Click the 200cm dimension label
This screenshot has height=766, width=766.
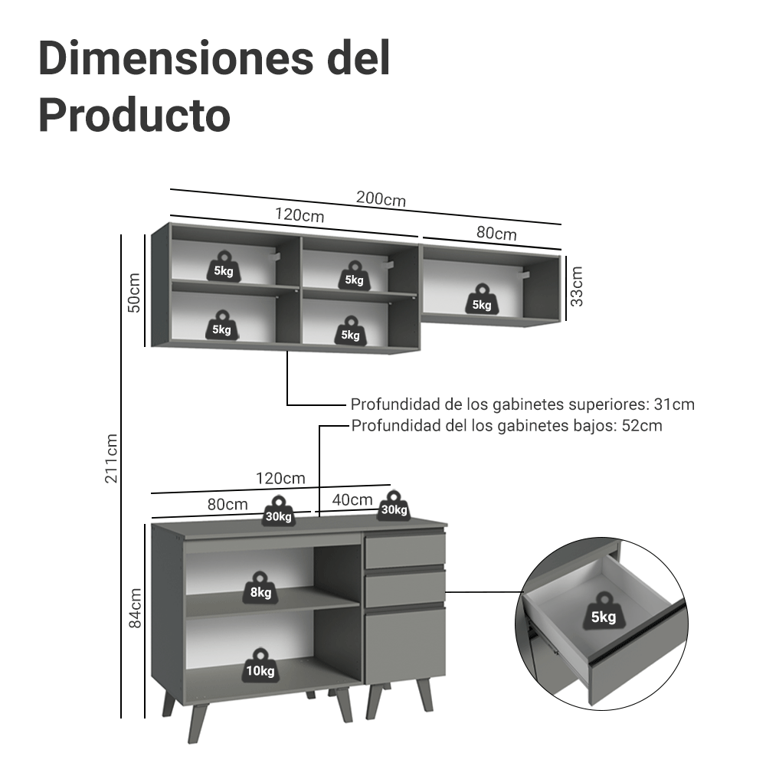381,199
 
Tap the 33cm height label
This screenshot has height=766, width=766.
577,286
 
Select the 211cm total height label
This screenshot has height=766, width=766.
111,458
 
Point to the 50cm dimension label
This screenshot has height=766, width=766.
134,293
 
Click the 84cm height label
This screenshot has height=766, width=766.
134,607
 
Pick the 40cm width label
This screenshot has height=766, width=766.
352,499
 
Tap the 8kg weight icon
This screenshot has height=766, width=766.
260,588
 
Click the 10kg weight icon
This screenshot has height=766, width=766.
260,665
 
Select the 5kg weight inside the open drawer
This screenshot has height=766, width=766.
604,611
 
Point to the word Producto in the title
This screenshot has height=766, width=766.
134,116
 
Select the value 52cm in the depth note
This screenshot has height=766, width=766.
642,425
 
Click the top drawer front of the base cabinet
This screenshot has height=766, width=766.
405,551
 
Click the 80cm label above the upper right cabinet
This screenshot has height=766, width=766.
496,233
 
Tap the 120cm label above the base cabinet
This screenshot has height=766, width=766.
280,478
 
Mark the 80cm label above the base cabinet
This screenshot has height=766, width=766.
228,504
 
